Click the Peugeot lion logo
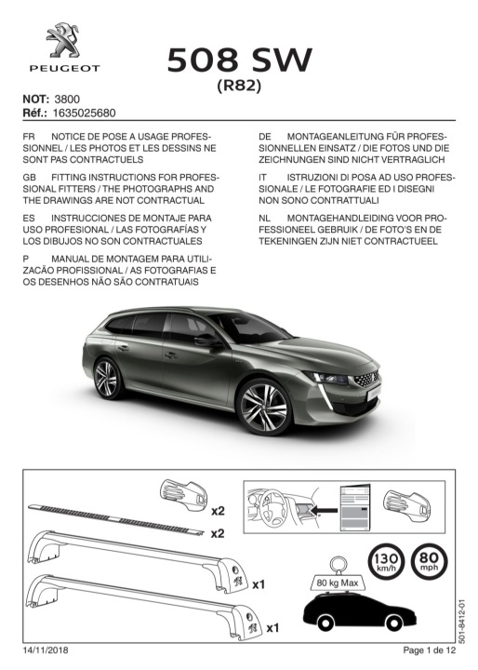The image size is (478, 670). pyautogui.click(x=63, y=41)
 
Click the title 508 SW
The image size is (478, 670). pyautogui.click(x=239, y=60)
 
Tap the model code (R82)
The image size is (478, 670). pyautogui.click(x=239, y=86)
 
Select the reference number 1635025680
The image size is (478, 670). pyautogui.click(x=84, y=113)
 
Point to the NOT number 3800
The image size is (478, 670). pyautogui.click(x=67, y=100)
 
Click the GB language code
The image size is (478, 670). pyautogui.click(x=30, y=178)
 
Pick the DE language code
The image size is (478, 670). pyautogui.click(x=265, y=137)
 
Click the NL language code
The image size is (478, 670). pyautogui.click(x=264, y=218)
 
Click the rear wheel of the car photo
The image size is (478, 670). pyautogui.click(x=107, y=379)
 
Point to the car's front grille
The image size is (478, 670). pyautogui.click(x=366, y=379)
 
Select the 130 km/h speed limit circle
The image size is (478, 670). pyautogui.click(x=386, y=561)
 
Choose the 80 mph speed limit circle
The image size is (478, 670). pyautogui.click(x=430, y=561)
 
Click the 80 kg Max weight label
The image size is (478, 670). pyautogui.click(x=338, y=583)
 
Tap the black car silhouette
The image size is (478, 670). pyautogui.click(x=359, y=612)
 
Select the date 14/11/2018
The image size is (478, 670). pyautogui.click(x=46, y=650)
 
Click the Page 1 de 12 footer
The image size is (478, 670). pyautogui.click(x=430, y=650)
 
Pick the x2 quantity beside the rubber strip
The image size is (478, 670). pyautogui.click(x=218, y=533)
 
